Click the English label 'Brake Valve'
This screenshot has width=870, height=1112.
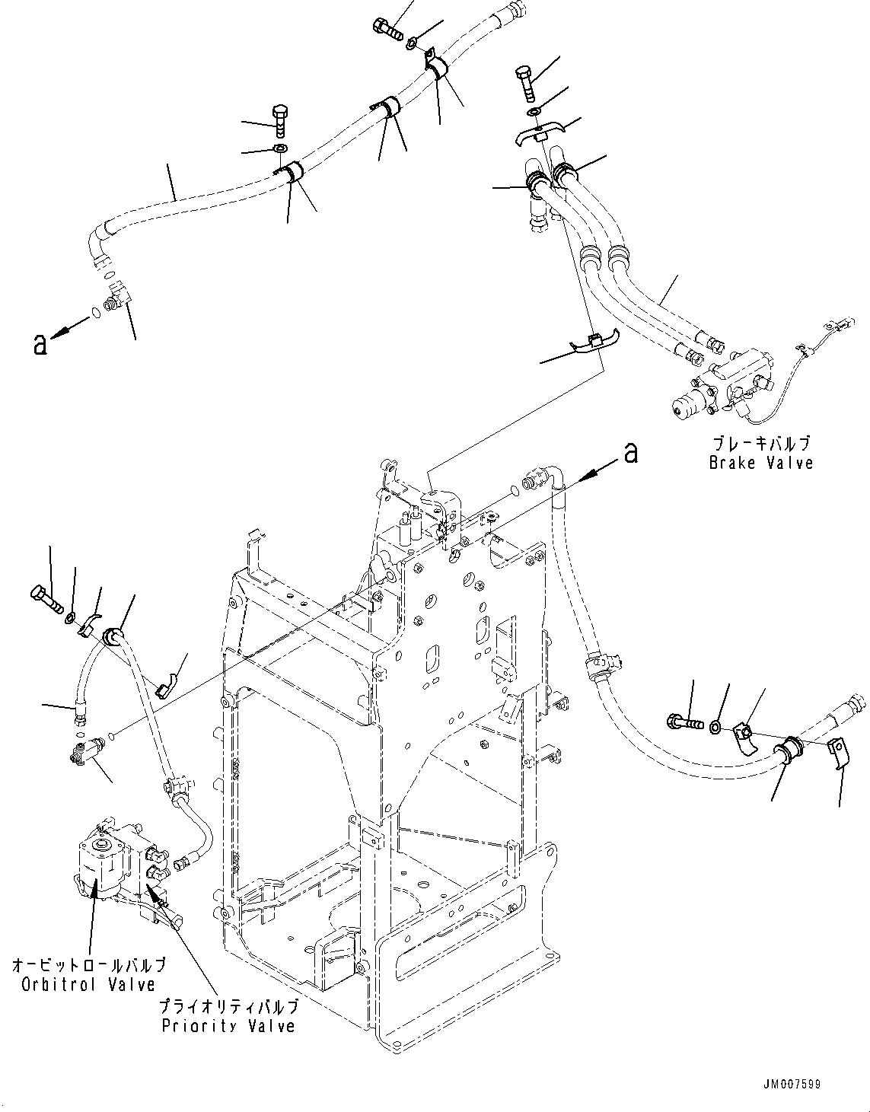760,463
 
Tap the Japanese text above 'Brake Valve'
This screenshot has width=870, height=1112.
761,443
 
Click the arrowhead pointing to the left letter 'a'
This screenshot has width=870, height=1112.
57,333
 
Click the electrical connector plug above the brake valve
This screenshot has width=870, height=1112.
840,323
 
